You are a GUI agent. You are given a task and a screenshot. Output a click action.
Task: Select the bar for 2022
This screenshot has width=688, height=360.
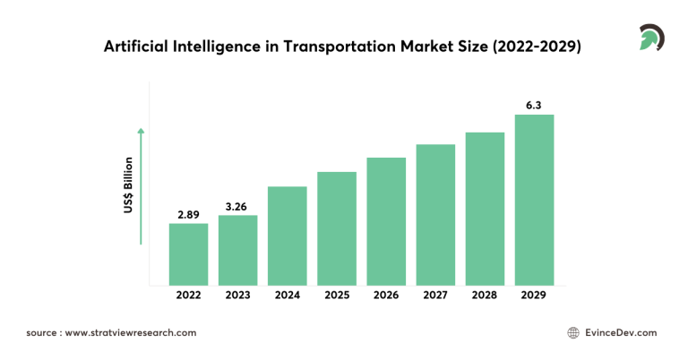pos(188,254)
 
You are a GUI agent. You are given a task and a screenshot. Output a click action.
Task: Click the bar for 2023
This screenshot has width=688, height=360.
pos(237,250)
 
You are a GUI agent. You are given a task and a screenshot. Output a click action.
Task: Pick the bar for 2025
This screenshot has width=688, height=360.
pos(337,228)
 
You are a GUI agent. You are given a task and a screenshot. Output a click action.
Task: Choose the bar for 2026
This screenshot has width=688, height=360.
pos(386,221)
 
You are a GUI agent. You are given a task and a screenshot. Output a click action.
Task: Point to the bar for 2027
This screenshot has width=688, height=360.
pos(435,215)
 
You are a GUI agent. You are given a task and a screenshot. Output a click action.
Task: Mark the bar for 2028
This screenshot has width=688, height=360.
pos(485,209)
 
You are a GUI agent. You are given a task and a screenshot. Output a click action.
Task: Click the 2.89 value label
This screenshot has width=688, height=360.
pos(188,215)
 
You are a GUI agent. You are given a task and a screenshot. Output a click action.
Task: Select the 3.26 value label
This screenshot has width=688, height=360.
pos(237,207)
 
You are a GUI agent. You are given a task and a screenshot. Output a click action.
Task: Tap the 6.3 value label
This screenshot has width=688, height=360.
pos(534,106)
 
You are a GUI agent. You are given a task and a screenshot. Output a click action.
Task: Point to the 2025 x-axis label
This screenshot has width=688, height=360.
pos(337,295)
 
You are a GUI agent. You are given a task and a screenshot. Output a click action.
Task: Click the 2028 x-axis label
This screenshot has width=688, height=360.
pos(485,295)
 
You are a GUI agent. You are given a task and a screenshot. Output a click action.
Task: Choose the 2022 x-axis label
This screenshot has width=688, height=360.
pos(188,295)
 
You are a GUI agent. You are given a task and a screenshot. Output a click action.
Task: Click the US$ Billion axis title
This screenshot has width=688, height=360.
pos(129,185)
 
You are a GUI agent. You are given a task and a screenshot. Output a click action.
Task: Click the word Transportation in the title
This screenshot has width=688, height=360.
pos(331,47)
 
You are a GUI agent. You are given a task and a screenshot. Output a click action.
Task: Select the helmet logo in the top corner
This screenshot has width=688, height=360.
pos(649,39)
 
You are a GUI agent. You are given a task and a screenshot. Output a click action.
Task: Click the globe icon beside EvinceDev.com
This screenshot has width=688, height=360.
pos(573,332)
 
